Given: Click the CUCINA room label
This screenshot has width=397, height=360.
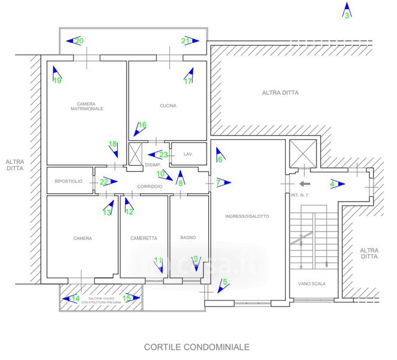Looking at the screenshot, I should [x=168, y=106].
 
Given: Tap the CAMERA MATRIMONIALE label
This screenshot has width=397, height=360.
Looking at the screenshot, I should [x=86, y=106].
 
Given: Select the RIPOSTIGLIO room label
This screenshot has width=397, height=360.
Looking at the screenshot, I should [x=68, y=181].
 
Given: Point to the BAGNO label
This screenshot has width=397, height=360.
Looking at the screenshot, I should [x=188, y=238].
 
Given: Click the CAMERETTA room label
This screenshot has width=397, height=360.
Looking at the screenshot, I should [x=144, y=238].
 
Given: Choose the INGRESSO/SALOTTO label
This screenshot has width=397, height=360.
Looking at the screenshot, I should [x=247, y=216].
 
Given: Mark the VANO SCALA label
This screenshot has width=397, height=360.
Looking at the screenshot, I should [x=312, y=284].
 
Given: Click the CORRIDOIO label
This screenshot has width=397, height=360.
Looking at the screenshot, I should [x=149, y=187].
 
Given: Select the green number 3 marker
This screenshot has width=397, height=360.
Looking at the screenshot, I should [x=347, y=16].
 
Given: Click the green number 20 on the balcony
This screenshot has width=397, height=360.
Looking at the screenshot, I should [x=79, y=41].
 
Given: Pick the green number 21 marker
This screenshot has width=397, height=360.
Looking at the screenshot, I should [x=186, y=41].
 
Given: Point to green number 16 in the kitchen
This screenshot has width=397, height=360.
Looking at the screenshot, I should [x=142, y=125].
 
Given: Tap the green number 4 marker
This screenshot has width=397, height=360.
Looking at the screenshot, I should [x=332, y=184].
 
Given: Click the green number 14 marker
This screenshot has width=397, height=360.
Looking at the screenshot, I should [x=76, y=298].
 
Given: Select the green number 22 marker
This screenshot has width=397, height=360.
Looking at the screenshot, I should [x=104, y=181].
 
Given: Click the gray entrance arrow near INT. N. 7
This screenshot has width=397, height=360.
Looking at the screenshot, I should [x=305, y=184].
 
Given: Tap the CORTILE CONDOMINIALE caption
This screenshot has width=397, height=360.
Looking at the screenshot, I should [x=196, y=347].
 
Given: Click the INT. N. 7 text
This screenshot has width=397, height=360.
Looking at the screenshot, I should [x=299, y=196].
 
